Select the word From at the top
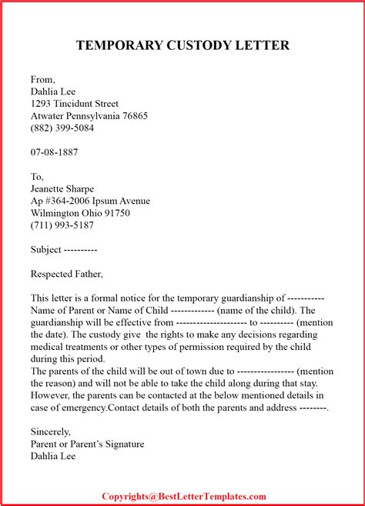pyautogui.click(x=42, y=79)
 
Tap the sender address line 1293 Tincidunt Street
pyautogui.click(x=75, y=104)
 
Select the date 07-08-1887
pyautogui.click(x=54, y=152)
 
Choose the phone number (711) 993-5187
pyautogui.click(x=62, y=226)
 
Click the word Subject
pyautogui.click(x=45, y=250)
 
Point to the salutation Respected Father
pyautogui.click(x=66, y=274)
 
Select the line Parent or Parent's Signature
pyautogui.click(x=87, y=444)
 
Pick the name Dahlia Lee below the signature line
pyautogui.click(x=53, y=456)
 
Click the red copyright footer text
pyautogui.click(x=184, y=497)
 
